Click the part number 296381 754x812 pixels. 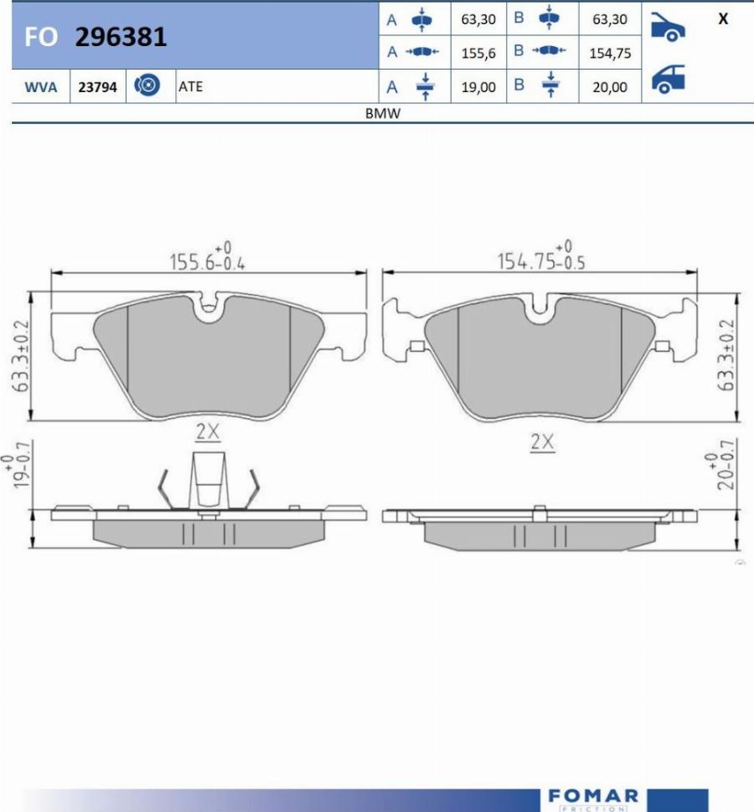(x=121, y=37)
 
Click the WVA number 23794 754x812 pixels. (x=97, y=87)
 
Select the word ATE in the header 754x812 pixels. (x=190, y=86)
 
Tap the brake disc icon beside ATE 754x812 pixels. (x=147, y=85)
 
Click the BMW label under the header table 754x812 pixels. (x=383, y=113)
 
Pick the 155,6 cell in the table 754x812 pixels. (x=478, y=54)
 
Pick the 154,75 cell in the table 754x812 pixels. (x=610, y=54)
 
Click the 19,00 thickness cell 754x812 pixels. (x=478, y=87)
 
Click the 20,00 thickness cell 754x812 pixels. (x=610, y=87)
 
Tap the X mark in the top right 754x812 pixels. (x=723, y=18)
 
